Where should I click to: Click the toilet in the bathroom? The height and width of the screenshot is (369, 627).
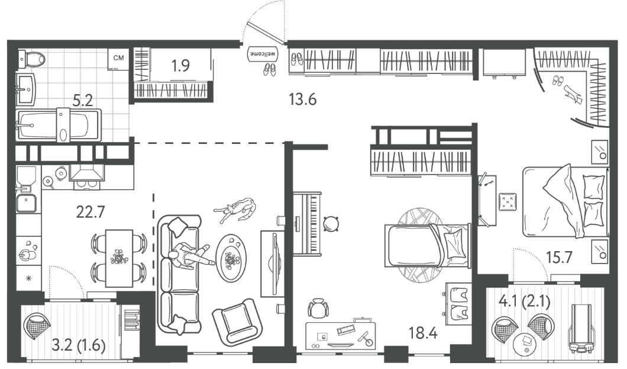pos(31,59)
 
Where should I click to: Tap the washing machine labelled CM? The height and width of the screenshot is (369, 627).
pos(118,59)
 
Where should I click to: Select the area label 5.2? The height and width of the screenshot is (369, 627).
pos(83,101)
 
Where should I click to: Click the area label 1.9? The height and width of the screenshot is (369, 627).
pos(180,65)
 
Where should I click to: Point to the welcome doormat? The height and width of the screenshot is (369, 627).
pos(262,54)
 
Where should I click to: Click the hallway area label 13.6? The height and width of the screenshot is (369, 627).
pos(303,99)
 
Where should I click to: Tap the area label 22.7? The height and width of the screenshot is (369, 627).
pos(91,211)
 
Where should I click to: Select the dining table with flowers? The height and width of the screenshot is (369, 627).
pos(119,258)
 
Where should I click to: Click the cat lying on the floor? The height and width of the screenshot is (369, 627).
pos(235,209)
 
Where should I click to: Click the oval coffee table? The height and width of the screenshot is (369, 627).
pos(231,258)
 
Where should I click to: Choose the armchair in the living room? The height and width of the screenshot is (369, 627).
pos(237,322)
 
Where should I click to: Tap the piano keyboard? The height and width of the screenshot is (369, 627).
pos(306,223)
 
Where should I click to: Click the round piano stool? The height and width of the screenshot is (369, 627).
pos(331,224)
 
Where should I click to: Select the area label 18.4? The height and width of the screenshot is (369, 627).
pos(423,332)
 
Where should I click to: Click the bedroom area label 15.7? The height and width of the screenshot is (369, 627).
pos(560,257)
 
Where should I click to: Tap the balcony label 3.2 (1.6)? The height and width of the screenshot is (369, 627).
pos(79,344)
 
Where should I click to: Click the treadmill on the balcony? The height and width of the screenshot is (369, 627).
pos(581,329)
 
